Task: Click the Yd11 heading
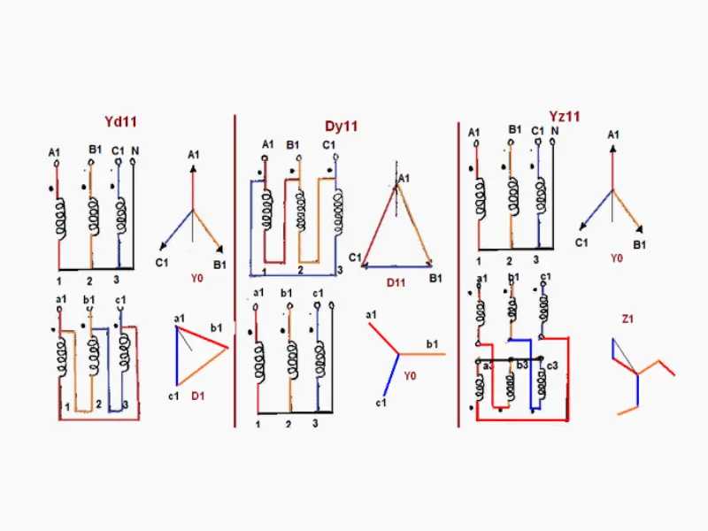(x=120, y=120)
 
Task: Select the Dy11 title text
(x=341, y=127)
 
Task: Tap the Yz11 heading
(x=564, y=116)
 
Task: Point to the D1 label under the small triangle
(x=198, y=395)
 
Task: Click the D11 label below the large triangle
(x=395, y=283)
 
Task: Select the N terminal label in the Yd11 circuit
(x=135, y=150)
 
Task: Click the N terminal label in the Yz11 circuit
(x=555, y=132)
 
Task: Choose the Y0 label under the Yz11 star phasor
(x=617, y=259)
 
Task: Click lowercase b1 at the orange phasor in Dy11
(x=433, y=343)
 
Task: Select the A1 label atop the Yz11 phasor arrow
(x=612, y=135)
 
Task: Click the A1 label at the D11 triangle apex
(x=404, y=179)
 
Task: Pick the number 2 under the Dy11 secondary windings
(x=288, y=425)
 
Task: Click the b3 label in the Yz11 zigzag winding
(x=522, y=366)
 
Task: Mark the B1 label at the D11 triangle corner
(x=435, y=278)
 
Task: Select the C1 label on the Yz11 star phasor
(x=581, y=242)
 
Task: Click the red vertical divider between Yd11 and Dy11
(x=235, y=265)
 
